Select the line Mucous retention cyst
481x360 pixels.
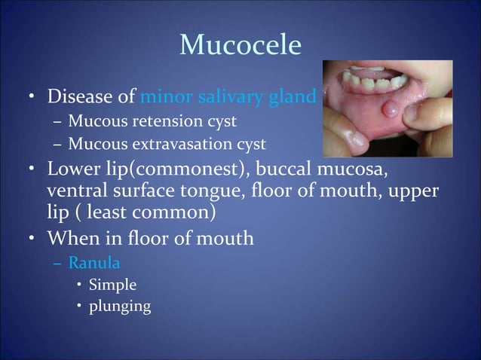[152, 121]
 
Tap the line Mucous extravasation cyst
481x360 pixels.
[167, 143]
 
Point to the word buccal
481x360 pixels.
[290, 166]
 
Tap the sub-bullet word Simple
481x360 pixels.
[112, 285]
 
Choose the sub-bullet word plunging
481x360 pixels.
[119, 307]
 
